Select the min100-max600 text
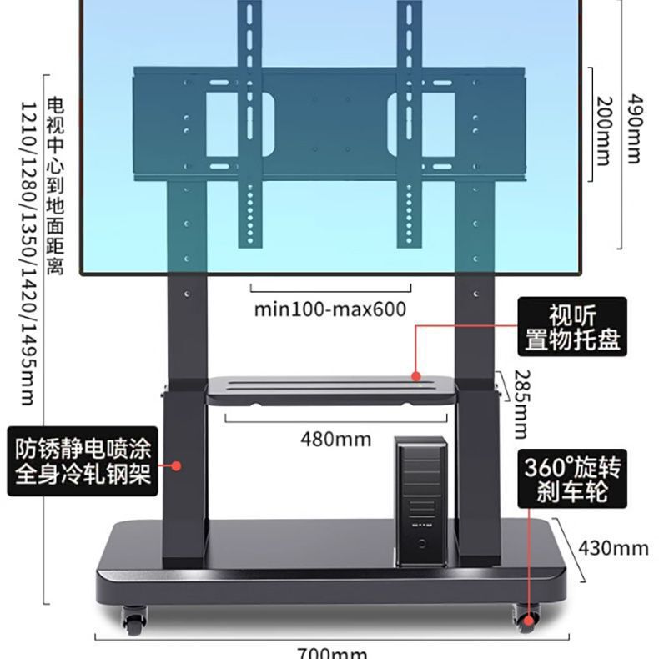tap(330, 309)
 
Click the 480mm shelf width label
tap(336, 439)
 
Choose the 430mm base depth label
tap(614, 547)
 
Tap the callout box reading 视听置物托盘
tap(572, 328)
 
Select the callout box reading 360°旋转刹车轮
tap(572, 478)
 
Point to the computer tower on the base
tap(421, 501)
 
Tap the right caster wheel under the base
tap(525, 618)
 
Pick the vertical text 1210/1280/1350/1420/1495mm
tap(27, 250)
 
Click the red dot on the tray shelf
tap(415, 377)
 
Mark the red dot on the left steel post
tap(176, 465)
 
